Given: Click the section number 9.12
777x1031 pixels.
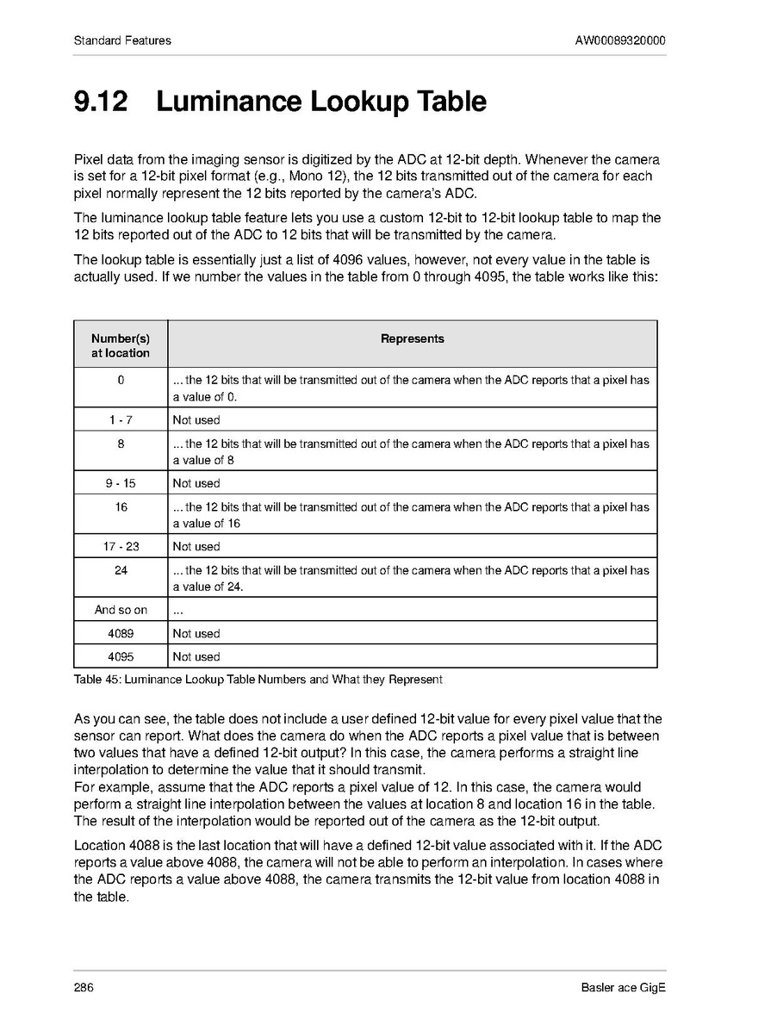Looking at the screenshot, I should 101,102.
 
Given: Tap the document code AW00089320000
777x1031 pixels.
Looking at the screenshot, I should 620,40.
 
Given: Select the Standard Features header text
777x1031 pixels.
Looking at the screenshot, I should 122,40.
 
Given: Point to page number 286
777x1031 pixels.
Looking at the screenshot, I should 84,987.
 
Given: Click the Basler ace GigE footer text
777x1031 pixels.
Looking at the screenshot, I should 624,987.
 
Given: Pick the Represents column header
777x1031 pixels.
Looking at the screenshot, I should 412,339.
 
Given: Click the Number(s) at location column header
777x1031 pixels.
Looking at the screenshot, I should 121,345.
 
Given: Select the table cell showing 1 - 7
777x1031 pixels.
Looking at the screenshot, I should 121,420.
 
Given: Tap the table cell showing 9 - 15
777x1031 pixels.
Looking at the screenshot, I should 121,483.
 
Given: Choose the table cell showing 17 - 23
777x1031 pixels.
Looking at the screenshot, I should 121,546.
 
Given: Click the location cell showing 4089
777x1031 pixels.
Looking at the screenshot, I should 121,633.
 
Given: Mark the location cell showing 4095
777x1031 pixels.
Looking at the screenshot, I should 121,656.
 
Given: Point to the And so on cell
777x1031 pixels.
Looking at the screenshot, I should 121,610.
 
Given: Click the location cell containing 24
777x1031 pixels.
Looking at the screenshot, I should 121,570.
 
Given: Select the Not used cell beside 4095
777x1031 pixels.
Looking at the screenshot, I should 196,656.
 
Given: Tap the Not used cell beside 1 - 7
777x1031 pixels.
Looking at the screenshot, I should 196,420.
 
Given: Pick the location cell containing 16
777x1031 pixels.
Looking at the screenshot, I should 121,507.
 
